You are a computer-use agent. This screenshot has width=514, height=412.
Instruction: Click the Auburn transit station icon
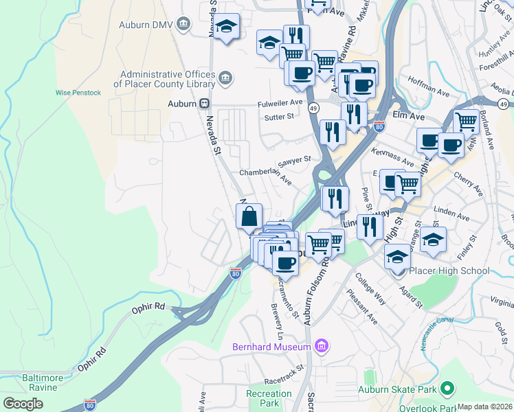(204, 104)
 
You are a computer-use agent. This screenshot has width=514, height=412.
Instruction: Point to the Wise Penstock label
(78, 93)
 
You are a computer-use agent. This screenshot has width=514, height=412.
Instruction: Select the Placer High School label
(449, 271)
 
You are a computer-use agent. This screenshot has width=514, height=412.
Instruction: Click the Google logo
(23, 404)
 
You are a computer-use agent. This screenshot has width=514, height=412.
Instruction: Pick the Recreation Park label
(269, 398)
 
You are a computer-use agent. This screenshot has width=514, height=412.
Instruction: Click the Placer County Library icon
(225, 79)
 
